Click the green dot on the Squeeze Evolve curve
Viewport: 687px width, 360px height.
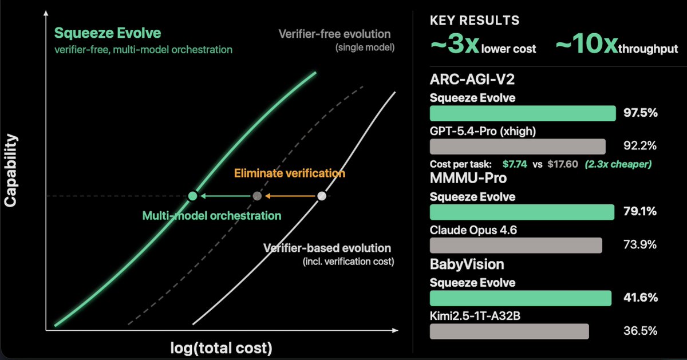tap(193, 196)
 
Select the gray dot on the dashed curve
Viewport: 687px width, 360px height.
tap(257, 196)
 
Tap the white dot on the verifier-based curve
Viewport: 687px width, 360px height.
tap(322, 196)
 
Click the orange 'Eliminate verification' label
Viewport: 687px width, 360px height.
tap(290, 173)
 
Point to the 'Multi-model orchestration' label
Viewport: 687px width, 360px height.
tap(212, 216)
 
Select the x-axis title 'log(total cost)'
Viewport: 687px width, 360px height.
tap(220, 348)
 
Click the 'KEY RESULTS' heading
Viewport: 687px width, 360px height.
tap(475, 21)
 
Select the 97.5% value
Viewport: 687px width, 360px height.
tap(640, 113)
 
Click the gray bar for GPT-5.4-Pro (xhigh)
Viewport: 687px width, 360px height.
tap(517, 146)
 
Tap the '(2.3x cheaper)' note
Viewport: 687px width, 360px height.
tap(618, 164)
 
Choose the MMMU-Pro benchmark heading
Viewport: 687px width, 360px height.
tap(468, 178)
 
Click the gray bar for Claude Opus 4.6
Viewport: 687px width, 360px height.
tap(515, 245)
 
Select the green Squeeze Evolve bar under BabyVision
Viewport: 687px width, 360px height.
tap(520, 298)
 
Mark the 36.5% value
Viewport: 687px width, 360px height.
tap(640, 331)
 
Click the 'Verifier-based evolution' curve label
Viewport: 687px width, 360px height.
tap(327, 248)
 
